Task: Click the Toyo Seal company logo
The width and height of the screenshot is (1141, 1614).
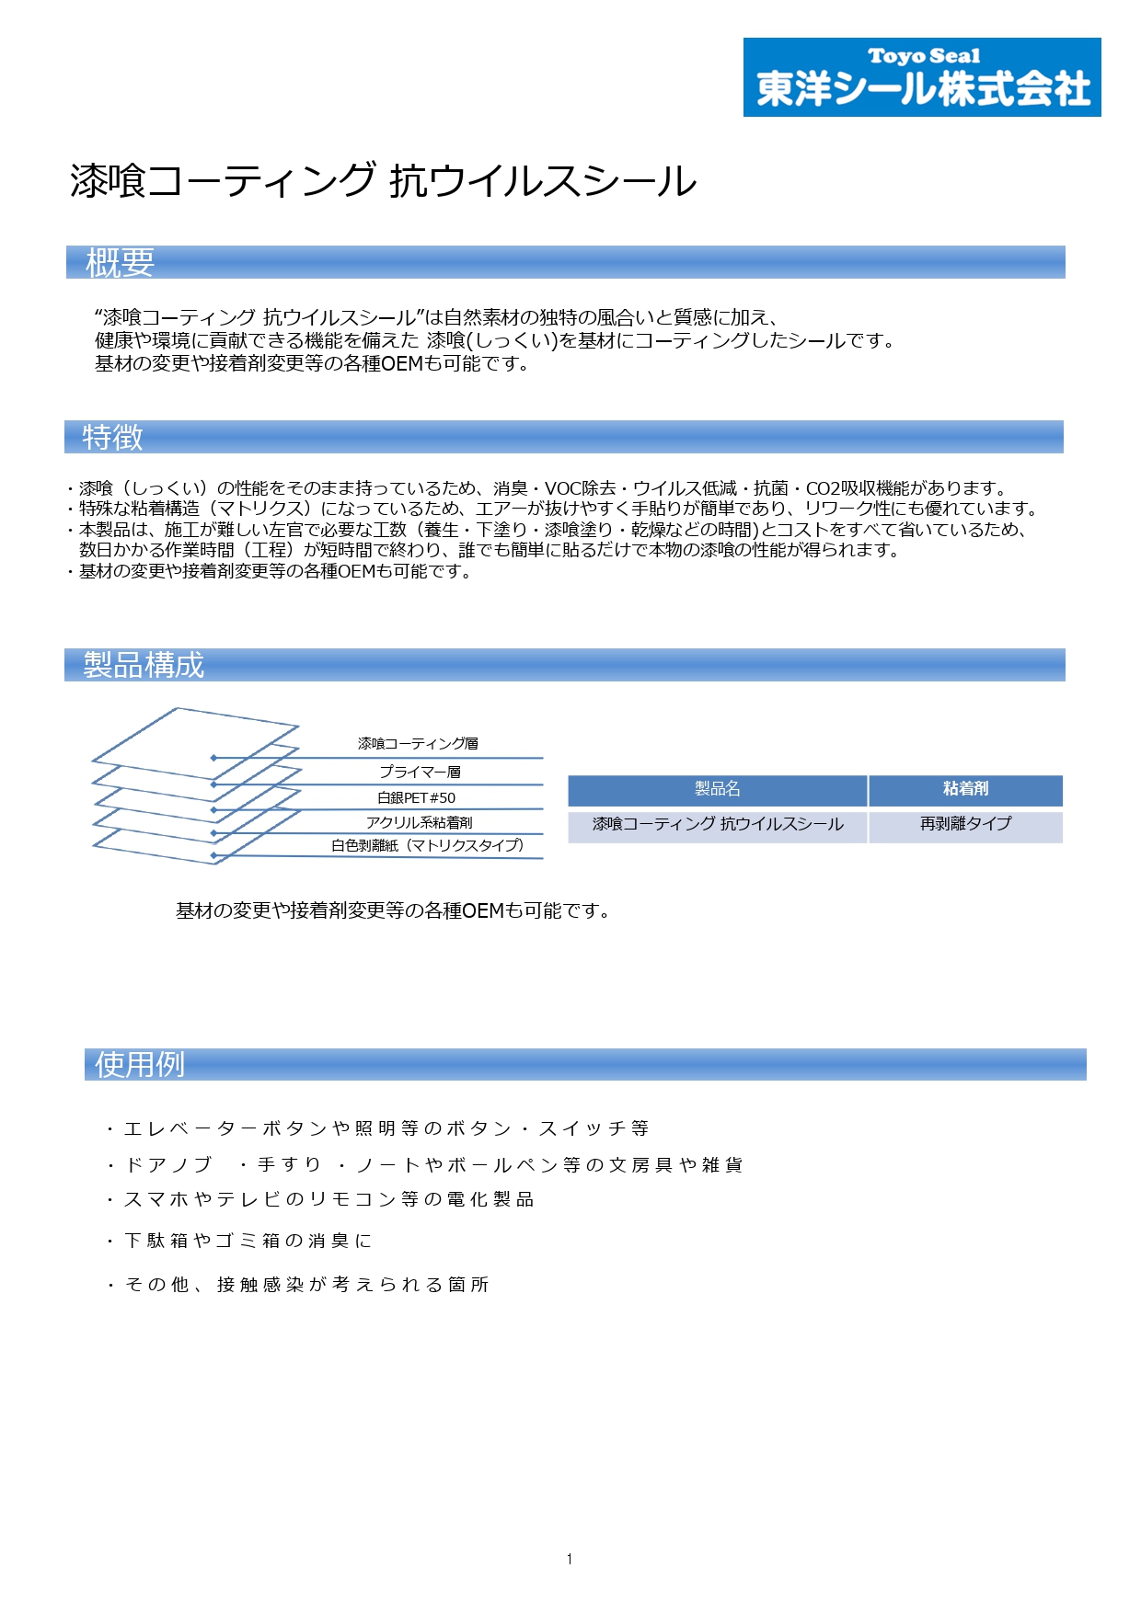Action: click(921, 77)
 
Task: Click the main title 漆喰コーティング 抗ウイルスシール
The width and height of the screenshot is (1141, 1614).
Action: click(383, 181)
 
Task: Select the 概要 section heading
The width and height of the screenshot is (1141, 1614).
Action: click(120, 263)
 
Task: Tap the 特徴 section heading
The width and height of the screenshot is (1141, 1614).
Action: click(112, 437)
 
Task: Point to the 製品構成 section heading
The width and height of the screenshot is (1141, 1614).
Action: click(144, 665)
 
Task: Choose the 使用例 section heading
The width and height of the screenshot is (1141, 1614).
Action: click(140, 1065)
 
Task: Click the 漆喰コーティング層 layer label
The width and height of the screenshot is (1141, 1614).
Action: click(418, 743)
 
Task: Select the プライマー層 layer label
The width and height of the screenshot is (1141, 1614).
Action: click(420, 772)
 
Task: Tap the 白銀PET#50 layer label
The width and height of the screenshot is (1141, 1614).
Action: click(416, 797)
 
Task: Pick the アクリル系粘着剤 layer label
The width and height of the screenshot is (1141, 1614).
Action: click(419, 822)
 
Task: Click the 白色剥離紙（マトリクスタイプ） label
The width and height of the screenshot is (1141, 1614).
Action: click(427, 845)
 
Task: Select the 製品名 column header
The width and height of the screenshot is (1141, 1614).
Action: click(717, 789)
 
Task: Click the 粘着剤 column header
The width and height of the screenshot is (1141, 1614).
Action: click(965, 789)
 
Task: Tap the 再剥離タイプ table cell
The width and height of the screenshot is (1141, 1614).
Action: click(965, 824)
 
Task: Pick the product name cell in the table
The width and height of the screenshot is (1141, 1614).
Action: click(717, 824)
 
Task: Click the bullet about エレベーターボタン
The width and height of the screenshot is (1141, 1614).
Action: click(377, 1128)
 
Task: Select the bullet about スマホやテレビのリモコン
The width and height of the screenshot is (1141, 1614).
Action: click(320, 1200)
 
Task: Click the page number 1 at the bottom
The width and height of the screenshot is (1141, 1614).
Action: click(570, 1559)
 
